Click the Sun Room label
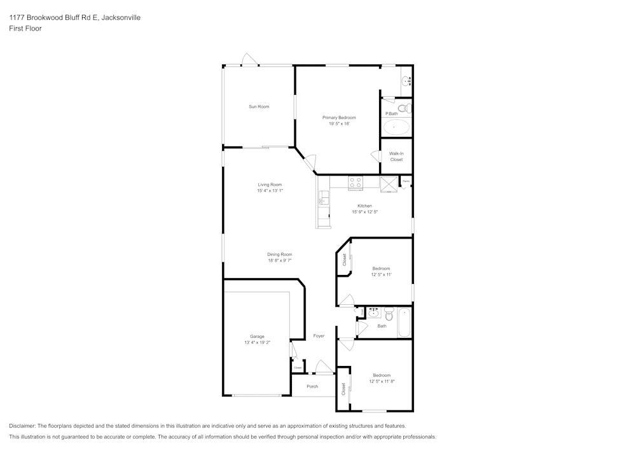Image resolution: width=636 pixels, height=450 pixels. [x=259, y=106]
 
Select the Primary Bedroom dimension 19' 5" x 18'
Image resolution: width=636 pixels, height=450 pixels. [x=339, y=123]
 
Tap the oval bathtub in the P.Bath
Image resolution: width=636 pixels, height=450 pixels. [x=396, y=127]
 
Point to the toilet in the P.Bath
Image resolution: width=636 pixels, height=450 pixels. [x=408, y=108]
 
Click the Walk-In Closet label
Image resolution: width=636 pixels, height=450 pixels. [x=396, y=157]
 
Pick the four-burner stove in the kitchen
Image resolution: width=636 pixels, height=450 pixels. [x=355, y=183]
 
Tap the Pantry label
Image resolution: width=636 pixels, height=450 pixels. [x=405, y=181]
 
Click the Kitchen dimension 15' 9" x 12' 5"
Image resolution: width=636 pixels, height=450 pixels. [x=364, y=212]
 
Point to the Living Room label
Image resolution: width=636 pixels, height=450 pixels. [x=270, y=185]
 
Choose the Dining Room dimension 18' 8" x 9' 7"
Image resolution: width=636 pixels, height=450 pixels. [x=279, y=260]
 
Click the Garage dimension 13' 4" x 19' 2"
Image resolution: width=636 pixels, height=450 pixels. [x=257, y=342]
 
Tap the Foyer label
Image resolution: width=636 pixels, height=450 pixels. [x=319, y=336]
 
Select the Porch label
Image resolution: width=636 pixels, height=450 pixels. [x=312, y=386]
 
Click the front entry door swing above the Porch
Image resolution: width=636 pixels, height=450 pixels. [x=324, y=367]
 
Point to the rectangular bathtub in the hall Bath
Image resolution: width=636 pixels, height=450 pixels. [x=404, y=322]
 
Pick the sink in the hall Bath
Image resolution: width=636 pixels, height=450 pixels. [x=374, y=313]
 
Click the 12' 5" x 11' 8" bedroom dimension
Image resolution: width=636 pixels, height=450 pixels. [x=382, y=381]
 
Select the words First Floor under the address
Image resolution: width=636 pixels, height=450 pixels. [x=25, y=29]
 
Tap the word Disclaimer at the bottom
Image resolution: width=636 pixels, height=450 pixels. [x=22, y=426]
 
